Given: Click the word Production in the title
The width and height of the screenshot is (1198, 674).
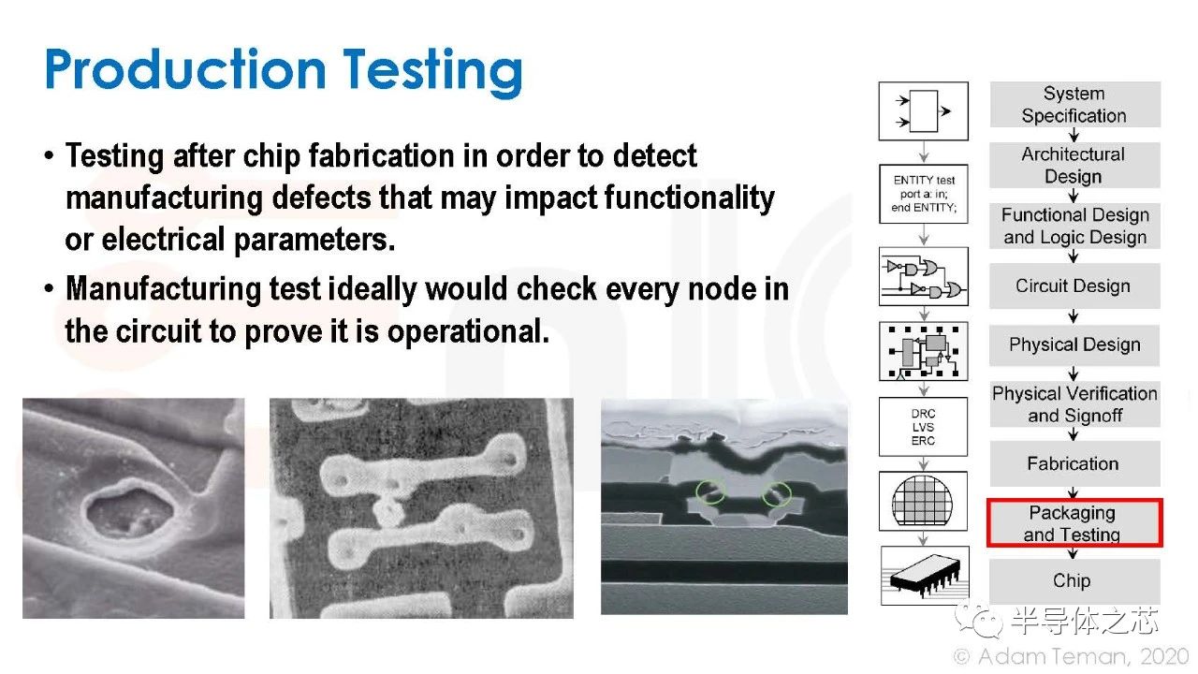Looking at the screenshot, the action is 185,69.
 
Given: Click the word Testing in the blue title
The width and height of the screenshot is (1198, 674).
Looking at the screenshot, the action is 432,72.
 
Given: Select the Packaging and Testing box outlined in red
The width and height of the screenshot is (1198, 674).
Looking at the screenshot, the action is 1074,522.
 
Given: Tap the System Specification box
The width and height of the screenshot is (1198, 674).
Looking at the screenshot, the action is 1075,104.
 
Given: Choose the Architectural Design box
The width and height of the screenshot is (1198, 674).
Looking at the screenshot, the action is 1074,165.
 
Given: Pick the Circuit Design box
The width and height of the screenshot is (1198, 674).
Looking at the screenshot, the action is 1074,286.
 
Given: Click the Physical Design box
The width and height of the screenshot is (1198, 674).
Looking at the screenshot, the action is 1074,345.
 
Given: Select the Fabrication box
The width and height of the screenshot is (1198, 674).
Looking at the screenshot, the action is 1074,463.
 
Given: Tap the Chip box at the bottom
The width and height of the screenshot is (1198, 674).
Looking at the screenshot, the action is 1074,581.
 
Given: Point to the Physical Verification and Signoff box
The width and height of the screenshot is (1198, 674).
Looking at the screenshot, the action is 1074,403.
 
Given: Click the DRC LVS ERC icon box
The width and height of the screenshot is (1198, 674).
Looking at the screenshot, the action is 923,427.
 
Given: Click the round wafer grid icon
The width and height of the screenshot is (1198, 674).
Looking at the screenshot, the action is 923,502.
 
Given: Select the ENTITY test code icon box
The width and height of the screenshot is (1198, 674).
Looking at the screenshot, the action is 924,194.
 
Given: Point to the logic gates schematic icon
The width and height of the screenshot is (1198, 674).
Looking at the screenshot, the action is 924,276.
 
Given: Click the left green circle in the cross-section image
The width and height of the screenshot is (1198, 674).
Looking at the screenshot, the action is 710,492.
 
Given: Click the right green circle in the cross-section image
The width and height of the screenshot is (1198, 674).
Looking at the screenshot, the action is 777,493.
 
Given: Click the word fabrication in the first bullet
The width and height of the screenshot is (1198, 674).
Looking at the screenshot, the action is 381,156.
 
